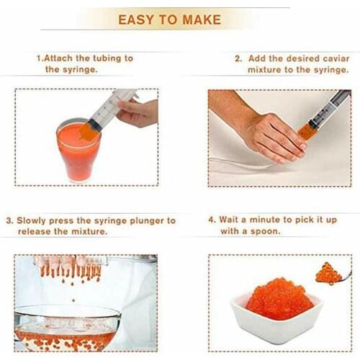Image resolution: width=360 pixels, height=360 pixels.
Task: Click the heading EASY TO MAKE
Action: click(x=169, y=19)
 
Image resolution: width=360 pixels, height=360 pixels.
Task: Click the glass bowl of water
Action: click(x=67, y=328)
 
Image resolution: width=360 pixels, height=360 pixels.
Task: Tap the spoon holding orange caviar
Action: click(x=330, y=273)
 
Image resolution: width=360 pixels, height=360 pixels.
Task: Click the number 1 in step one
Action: click(x=39, y=57)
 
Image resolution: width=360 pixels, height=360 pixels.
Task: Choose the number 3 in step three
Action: click(x=9, y=220)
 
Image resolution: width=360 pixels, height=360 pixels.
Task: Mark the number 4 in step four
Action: click(x=212, y=220)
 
